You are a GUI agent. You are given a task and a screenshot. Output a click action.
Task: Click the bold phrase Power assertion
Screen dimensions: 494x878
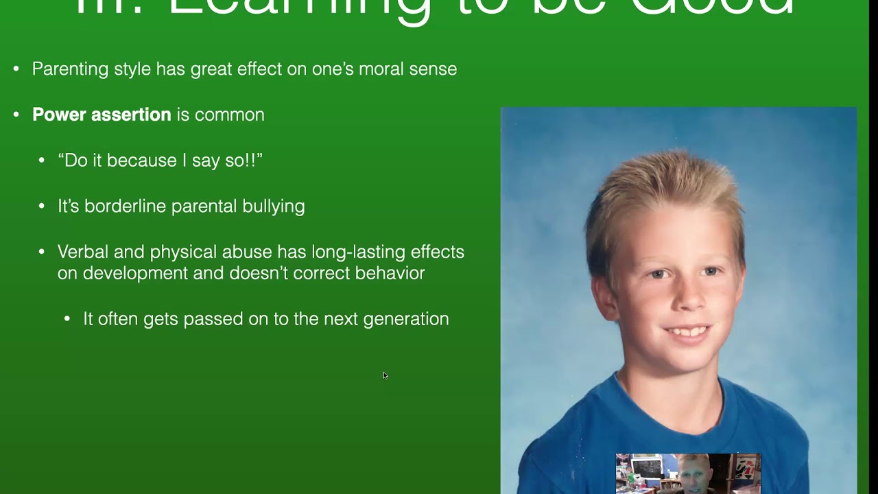click(x=101, y=115)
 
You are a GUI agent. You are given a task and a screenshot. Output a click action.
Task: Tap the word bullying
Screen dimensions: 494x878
click(x=273, y=207)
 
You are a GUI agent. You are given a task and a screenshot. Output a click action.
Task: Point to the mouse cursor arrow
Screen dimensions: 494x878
click(x=385, y=375)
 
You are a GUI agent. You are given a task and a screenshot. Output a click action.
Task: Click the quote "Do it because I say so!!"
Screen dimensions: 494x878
click(x=160, y=161)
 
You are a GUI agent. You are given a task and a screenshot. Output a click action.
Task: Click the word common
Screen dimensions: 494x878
click(x=229, y=115)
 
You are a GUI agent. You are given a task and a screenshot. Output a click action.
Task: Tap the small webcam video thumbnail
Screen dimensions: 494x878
click(x=687, y=473)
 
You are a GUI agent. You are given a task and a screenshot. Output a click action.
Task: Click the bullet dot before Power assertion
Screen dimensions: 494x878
click(x=16, y=115)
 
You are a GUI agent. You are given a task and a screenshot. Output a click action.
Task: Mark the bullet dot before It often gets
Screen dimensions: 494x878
click(x=67, y=319)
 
